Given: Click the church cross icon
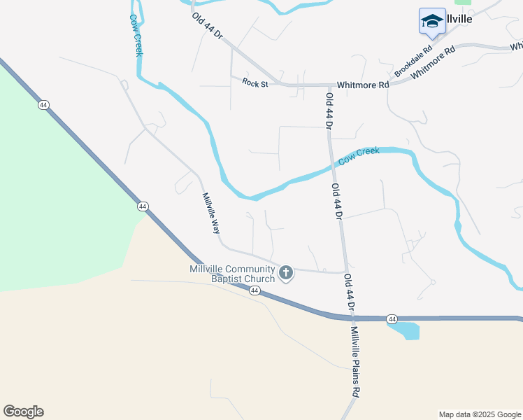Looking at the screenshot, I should [x=285, y=273].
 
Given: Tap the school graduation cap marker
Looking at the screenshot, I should [x=431, y=21].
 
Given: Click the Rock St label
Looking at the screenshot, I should [x=255, y=82].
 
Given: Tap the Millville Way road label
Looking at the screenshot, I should [x=211, y=213].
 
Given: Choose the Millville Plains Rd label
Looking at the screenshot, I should [x=356, y=362].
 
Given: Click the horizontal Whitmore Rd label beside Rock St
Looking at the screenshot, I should [x=362, y=84].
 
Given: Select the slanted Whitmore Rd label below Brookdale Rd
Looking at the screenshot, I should [x=434, y=63].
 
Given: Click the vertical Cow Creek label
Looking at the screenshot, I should [x=137, y=38].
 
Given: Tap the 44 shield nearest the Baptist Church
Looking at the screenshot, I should [x=255, y=290].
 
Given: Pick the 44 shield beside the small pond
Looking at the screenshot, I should [x=392, y=319].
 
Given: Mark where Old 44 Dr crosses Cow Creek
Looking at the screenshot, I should [x=332, y=165].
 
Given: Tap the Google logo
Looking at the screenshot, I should [x=23, y=412].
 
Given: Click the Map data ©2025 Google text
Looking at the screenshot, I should [x=479, y=414].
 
